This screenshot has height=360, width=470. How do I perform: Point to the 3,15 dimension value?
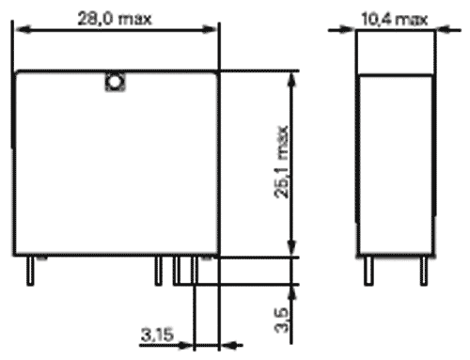click(159, 334)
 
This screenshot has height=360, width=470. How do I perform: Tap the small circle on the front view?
click(114, 83)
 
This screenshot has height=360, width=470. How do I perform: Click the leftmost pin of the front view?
click(31, 270)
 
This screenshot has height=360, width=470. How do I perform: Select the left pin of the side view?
click(368, 269)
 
